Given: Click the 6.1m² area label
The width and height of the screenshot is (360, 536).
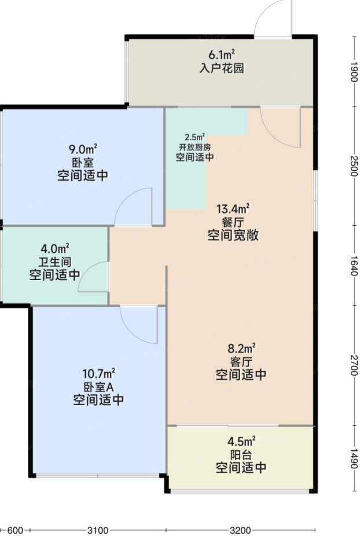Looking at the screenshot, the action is [222, 54].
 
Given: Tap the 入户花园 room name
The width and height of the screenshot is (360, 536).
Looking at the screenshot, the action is [222, 68].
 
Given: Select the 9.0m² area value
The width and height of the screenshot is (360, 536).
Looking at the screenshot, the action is [83, 149].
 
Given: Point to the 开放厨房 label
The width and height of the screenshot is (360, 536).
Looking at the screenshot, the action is [195, 148].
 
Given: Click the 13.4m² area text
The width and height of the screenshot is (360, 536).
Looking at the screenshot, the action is [233, 208].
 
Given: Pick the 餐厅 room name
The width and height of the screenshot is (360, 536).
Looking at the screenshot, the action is [233, 222].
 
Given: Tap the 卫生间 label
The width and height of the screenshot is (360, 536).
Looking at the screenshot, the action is [55, 262].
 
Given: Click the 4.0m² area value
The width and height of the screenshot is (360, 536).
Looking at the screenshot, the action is [55, 248].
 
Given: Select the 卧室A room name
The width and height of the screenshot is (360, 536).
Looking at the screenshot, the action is [98, 387].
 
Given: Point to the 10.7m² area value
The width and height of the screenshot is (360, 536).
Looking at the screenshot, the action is [98, 373].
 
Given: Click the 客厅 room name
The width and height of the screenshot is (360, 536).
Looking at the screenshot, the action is [241, 361].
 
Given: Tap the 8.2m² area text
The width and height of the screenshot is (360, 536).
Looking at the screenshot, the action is [241, 348].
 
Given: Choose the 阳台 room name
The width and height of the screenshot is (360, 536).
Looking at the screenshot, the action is [241, 454].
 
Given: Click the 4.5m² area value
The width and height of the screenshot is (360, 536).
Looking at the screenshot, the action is [241, 442].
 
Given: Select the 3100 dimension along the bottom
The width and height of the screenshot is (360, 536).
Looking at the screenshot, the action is [98, 530].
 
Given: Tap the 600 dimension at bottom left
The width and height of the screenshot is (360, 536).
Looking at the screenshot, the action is [15, 530].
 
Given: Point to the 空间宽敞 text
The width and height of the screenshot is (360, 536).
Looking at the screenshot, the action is [233, 236].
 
